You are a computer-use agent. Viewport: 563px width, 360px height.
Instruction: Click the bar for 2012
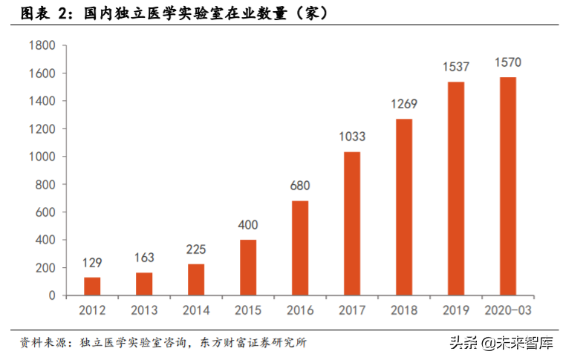[92, 287]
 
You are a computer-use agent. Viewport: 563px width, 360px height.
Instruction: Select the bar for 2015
[248, 267]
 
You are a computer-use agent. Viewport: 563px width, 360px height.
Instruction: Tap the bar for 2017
[352, 223]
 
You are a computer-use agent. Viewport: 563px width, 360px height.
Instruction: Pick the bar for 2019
[456, 189]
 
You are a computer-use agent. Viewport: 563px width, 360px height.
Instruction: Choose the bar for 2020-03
[508, 186]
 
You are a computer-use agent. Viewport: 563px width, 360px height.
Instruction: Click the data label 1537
[456, 67]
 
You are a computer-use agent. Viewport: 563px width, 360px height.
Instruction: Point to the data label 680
[300, 186]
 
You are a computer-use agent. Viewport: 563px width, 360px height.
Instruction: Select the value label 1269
[404, 104]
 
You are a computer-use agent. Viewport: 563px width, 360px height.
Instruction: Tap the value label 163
[144, 258]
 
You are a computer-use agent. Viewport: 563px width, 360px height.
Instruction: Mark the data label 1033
[352, 137]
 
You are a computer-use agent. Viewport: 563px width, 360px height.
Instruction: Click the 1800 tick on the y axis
[42, 46]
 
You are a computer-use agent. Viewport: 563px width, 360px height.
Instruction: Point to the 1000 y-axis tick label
[42, 157]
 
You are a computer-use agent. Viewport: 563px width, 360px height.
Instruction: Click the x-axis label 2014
[196, 310]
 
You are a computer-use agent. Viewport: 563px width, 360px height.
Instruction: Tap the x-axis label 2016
[300, 310]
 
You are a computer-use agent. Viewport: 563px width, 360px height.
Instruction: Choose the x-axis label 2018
[404, 310]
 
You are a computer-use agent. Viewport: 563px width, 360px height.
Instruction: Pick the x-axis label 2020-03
[508, 310]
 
